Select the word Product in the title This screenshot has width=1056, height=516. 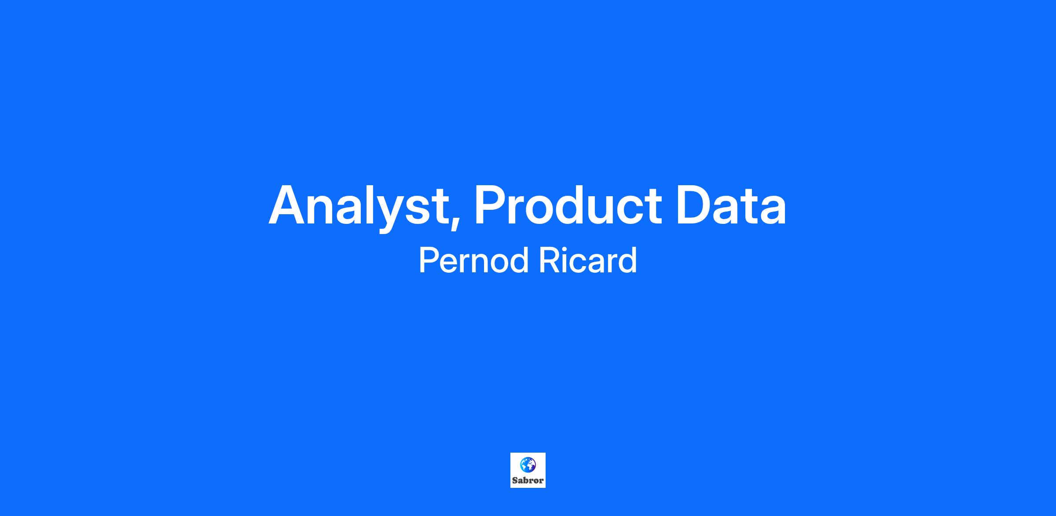pyautogui.click(x=568, y=205)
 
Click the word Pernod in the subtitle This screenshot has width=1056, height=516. pyautogui.click(x=473, y=260)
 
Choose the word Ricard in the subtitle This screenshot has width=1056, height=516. pyautogui.click(x=588, y=260)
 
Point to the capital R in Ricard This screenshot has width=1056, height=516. pyautogui.click(x=550, y=260)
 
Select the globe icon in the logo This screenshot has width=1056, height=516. pyautogui.click(x=528, y=465)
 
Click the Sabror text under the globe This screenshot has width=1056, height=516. pyautogui.click(x=528, y=480)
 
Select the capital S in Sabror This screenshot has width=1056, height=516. pyautogui.click(x=515, y=480)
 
